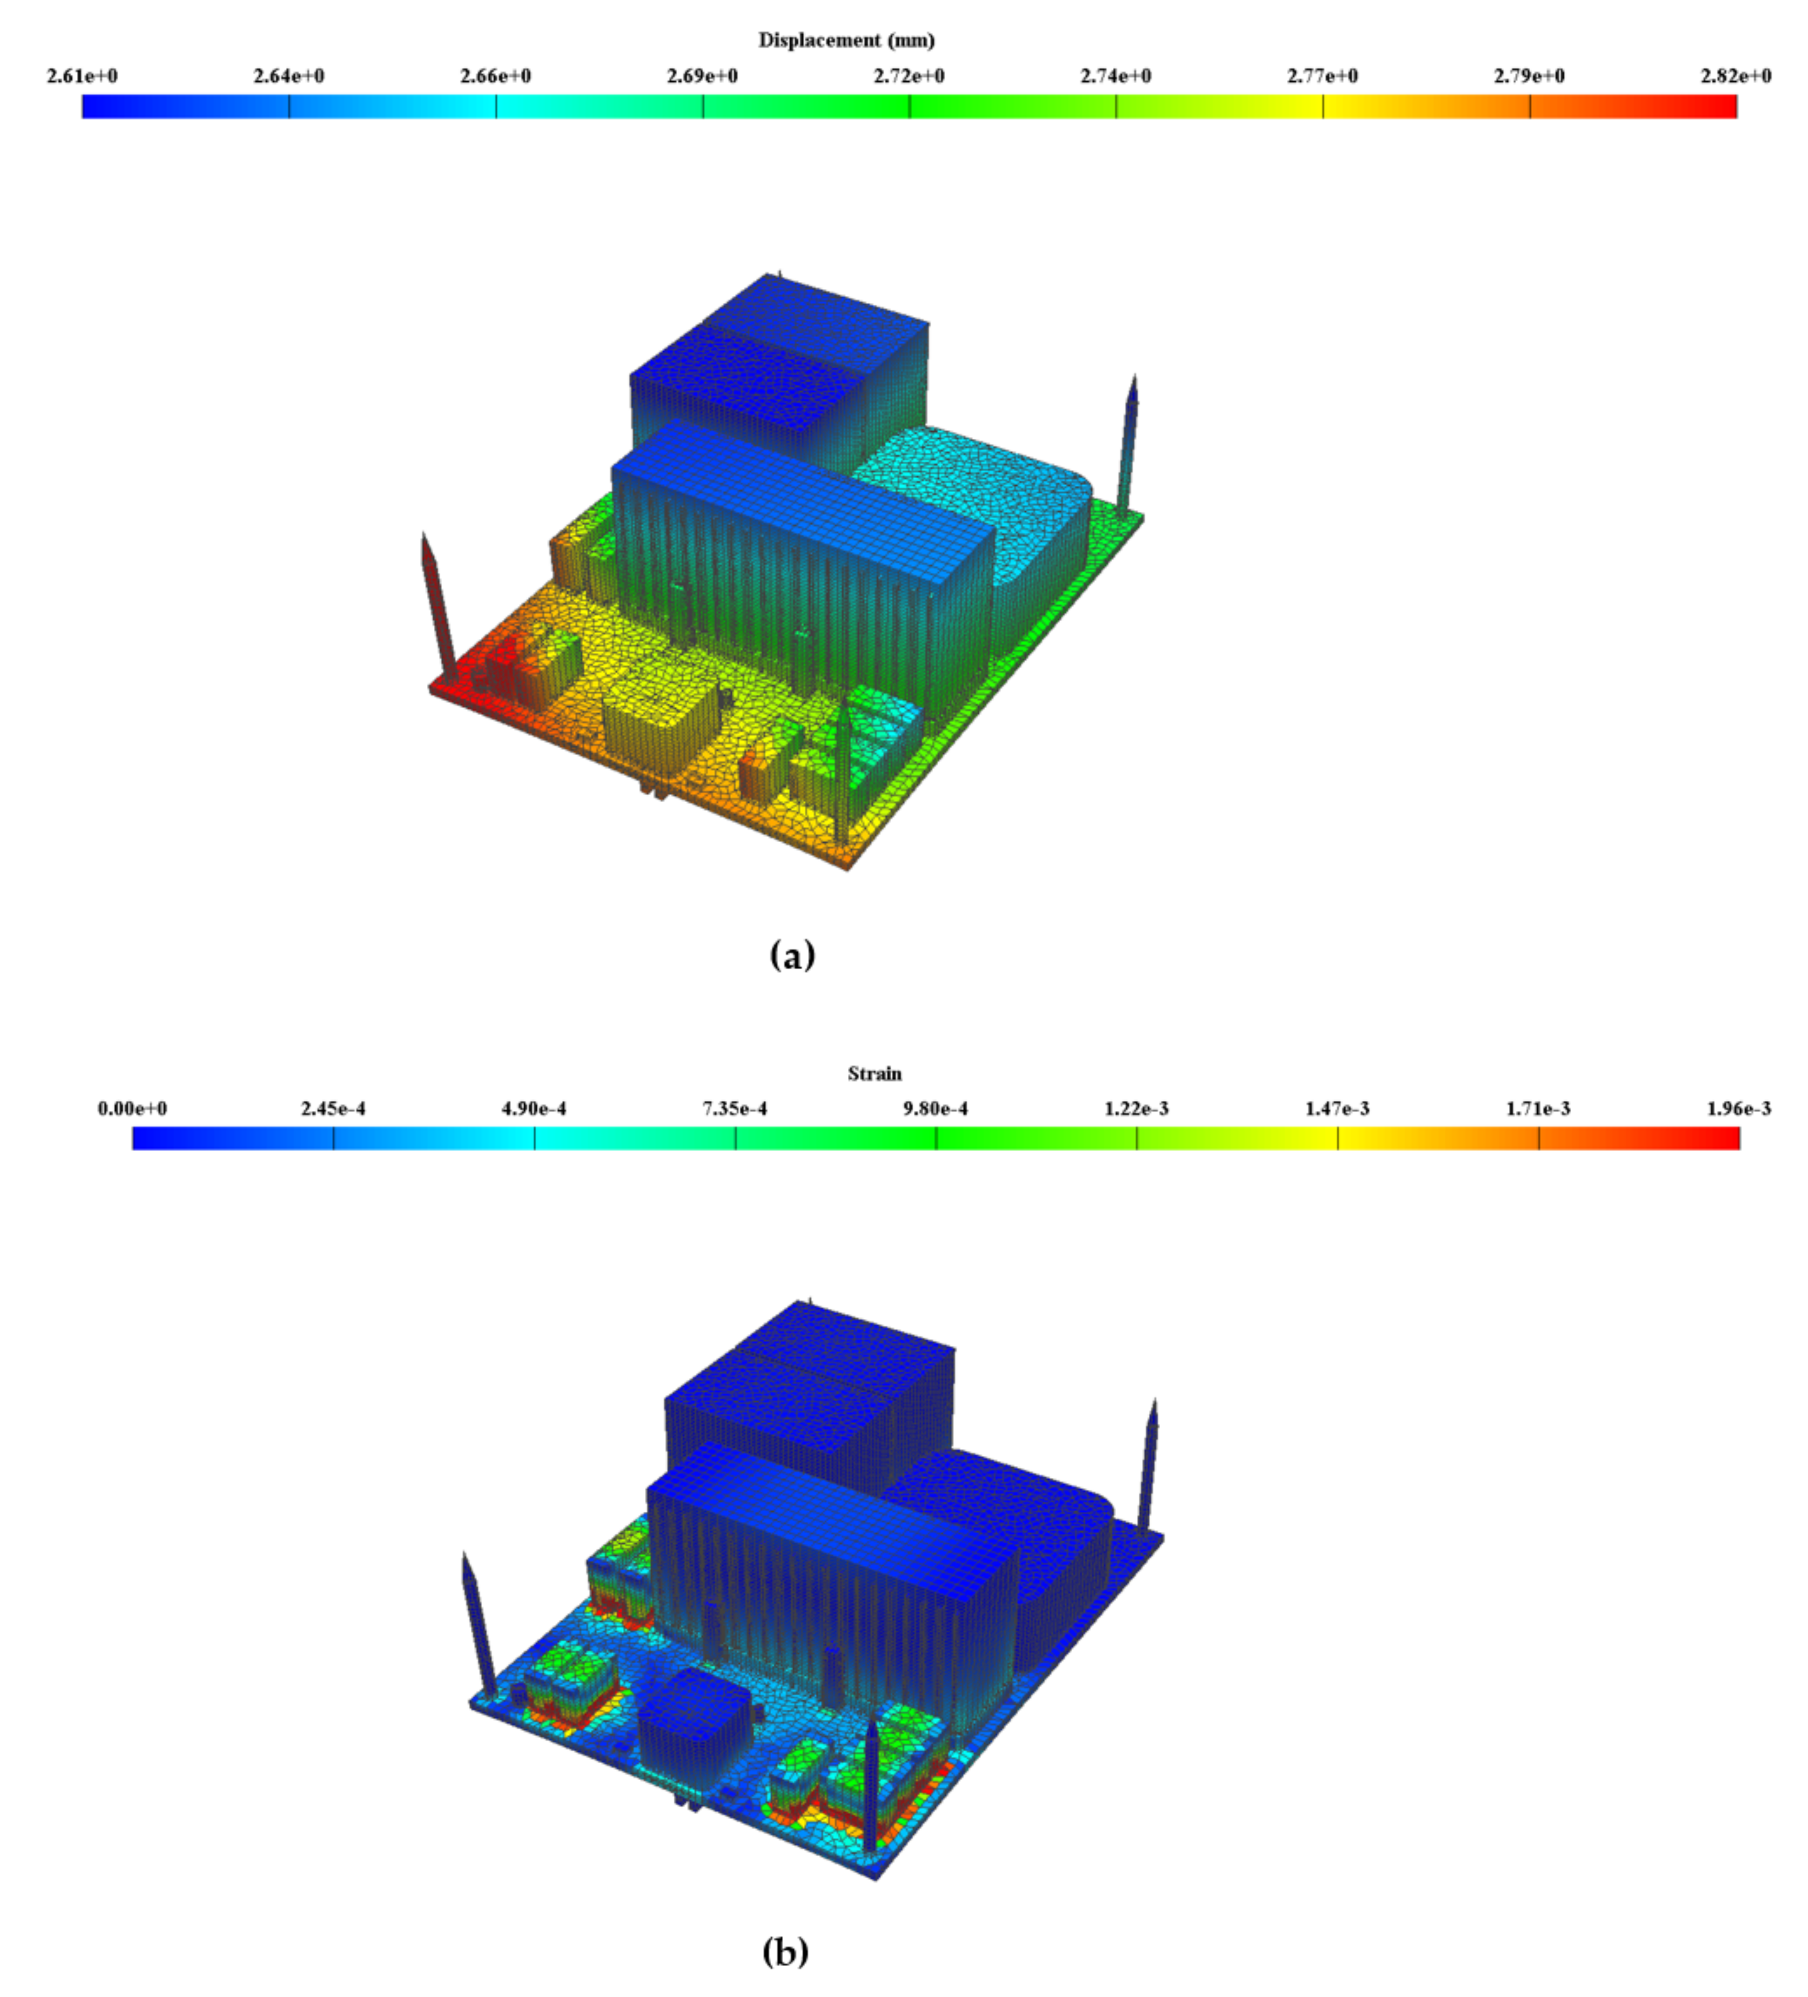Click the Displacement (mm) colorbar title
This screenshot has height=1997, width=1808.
846,40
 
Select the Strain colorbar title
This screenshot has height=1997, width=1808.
874,1074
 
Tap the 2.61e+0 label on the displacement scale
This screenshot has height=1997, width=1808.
82,76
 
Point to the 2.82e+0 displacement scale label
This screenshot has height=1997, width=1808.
1736,76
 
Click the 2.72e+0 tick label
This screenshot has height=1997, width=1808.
909,76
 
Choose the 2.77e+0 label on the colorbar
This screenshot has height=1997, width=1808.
1323,76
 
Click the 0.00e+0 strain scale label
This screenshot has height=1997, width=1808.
133,1109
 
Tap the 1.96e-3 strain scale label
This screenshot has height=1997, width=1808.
1739,1109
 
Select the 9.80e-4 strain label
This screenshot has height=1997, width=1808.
936,1109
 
